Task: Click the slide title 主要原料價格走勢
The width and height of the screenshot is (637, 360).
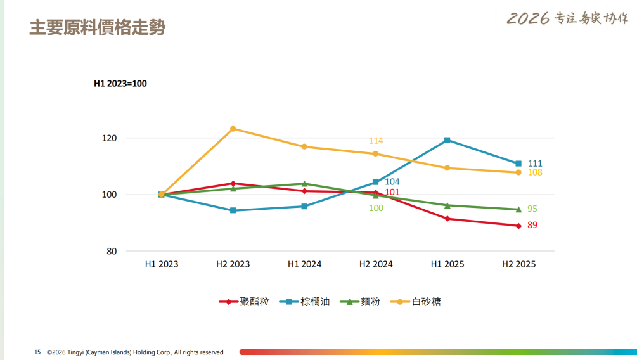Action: tap(97, 29)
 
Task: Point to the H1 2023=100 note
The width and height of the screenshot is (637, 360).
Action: tap(120, 83)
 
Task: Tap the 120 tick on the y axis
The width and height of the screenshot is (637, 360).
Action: tap(110, 138)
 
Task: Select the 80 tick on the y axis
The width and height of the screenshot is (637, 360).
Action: tap(112, 252)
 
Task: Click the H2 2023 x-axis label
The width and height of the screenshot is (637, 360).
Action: tap(233, 264)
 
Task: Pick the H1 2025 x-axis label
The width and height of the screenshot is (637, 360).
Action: tap(447, 264)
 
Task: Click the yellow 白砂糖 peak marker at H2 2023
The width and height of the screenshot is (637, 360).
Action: tap(233, 129)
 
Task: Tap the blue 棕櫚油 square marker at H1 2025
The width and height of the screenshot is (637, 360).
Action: tap(447, 140)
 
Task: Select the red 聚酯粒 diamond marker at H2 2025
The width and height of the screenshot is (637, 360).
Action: tap(518, 226)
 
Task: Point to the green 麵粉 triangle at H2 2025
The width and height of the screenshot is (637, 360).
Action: tap(518, 209)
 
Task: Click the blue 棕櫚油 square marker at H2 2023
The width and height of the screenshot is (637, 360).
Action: tap(233, 210)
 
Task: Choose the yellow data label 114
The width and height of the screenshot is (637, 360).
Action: tap(376, 141)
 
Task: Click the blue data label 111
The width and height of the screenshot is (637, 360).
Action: tap(535, 164)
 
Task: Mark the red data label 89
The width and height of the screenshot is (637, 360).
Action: tap(532, 225)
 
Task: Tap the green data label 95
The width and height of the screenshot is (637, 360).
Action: tap(532, 209)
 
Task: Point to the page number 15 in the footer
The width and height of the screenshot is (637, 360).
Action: tap(37, 352)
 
